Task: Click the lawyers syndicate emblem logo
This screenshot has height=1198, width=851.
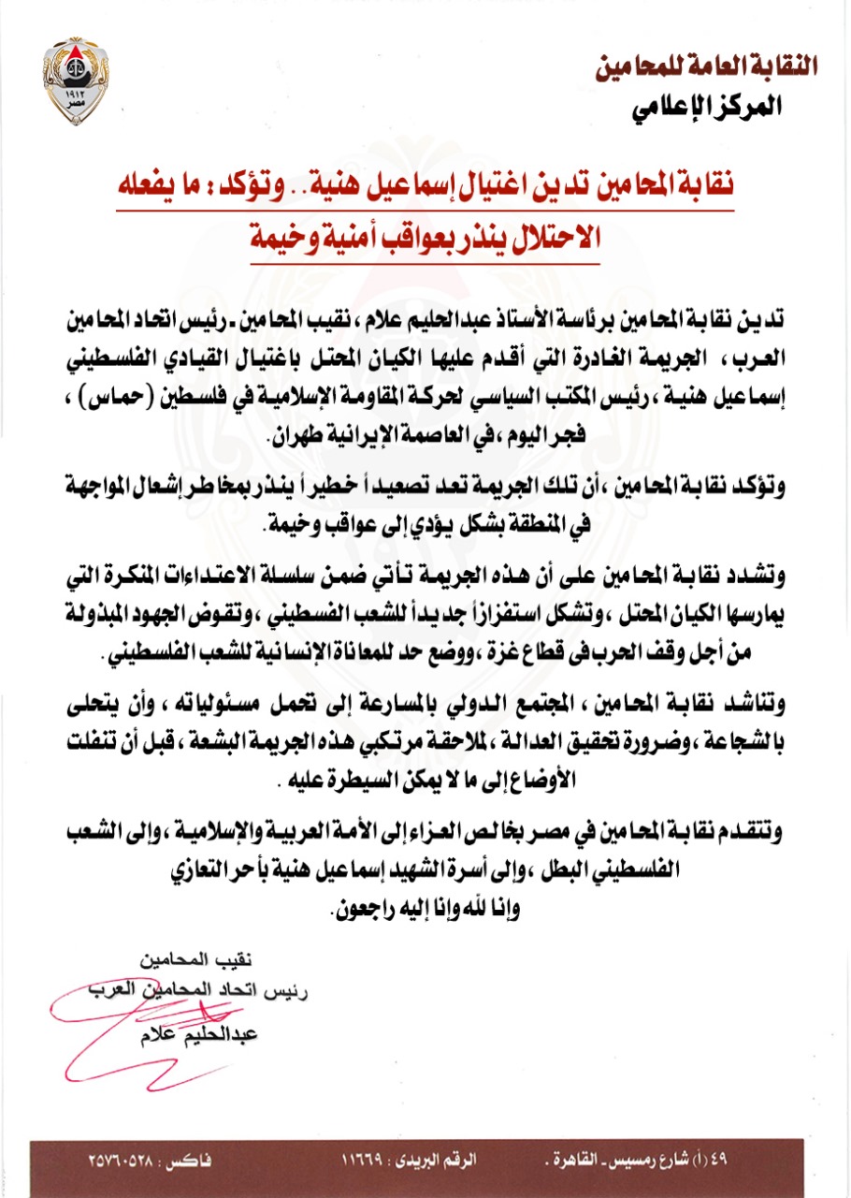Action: point(76,74)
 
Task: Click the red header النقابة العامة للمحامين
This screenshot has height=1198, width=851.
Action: point(707,66)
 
